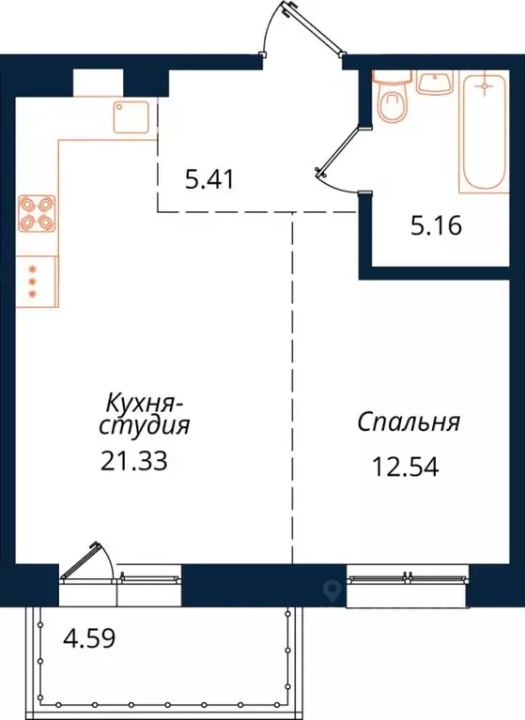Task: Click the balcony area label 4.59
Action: [x=88, y=646]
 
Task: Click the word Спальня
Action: [x=409, y=421]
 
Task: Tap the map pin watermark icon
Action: [x=331, y=590]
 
